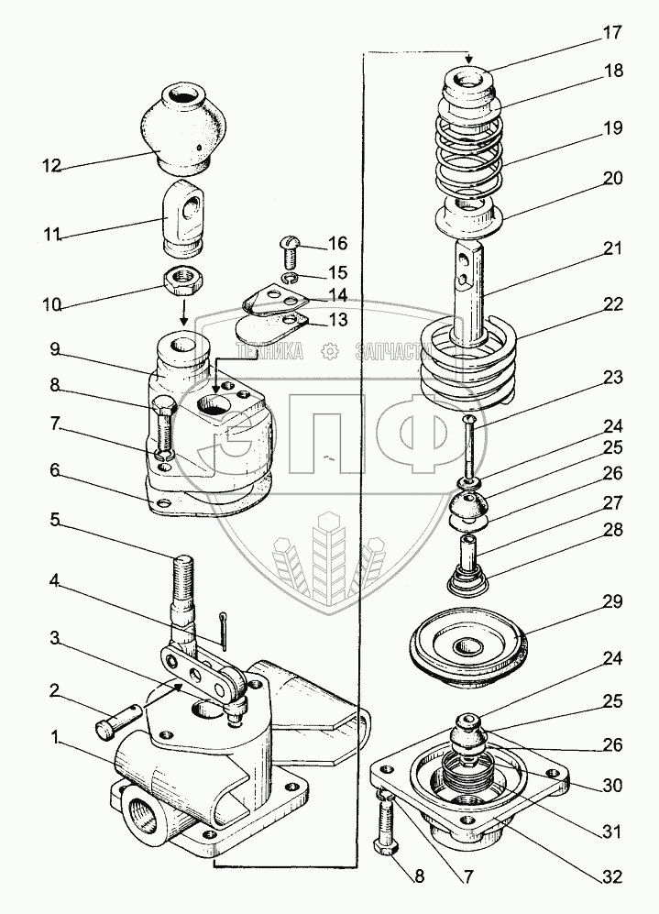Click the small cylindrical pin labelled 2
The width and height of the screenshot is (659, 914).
point(115,722)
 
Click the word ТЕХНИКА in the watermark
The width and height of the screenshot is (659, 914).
point(271,351)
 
